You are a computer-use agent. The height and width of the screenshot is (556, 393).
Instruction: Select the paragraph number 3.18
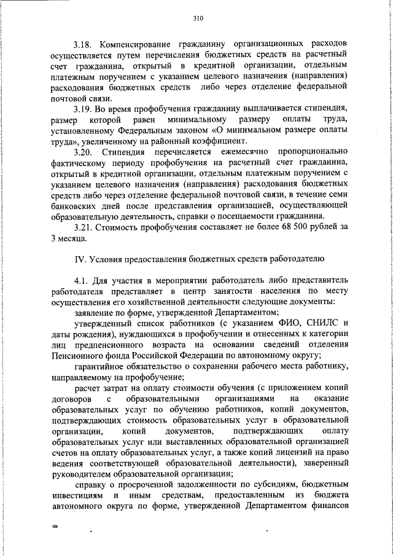pyautogui.click(x=84, y=45)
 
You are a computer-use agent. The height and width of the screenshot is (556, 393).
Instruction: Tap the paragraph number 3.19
pyautogui.click(x=84, y=108)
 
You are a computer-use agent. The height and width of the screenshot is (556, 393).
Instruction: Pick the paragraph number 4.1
pyautogui.click(x=82, y=281)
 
